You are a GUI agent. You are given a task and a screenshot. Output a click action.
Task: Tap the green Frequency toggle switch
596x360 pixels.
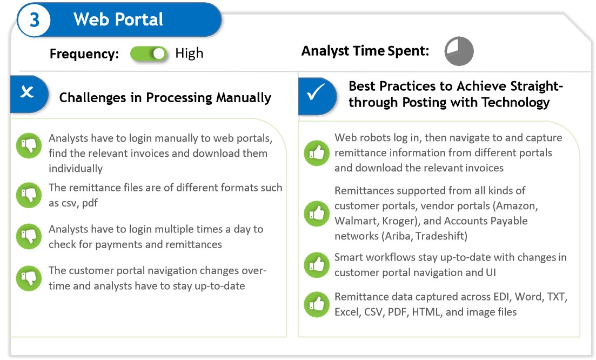[x=149, y=54]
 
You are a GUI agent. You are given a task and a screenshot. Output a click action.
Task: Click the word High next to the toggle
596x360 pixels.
[x=189, y=54]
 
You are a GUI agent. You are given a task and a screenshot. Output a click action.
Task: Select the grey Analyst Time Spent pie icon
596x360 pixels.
[x=459, y=51]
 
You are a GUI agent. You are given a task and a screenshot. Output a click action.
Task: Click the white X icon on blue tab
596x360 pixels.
[x=26, y=92]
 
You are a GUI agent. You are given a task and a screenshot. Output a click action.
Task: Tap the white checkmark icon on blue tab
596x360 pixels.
[x=315, y=93]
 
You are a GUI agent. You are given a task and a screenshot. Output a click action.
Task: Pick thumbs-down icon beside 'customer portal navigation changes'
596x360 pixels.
[x=29, y=277]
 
